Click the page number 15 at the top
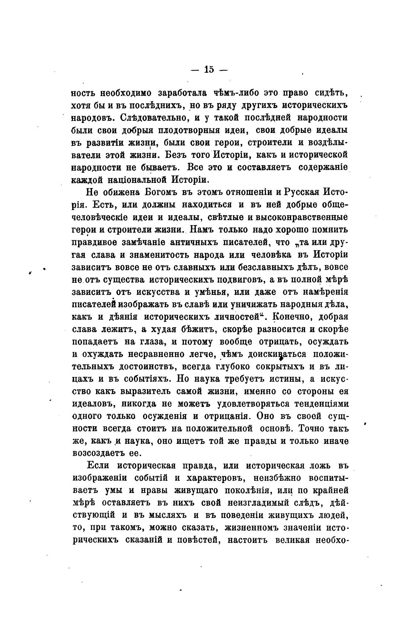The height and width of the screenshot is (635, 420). point(209,69)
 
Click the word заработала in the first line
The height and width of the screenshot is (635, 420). point(183,92)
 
